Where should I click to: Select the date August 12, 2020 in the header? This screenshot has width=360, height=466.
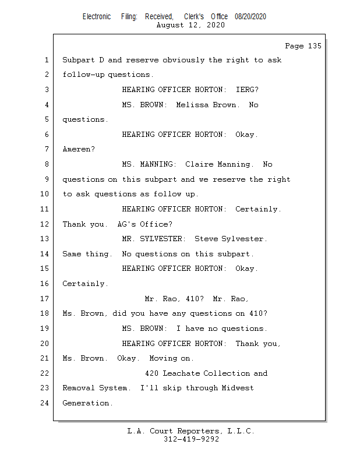190,25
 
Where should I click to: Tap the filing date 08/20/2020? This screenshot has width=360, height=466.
250,17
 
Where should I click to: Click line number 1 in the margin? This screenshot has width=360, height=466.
46,60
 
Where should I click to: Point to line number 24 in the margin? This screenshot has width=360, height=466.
44,403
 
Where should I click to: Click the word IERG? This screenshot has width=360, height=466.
247,90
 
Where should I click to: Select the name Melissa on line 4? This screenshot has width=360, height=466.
199,105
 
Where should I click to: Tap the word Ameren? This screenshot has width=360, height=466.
79,150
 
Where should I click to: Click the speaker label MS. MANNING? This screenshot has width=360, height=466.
149,164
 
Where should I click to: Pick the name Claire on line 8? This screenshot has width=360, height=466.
199,164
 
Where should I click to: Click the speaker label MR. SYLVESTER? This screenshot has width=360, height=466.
153,239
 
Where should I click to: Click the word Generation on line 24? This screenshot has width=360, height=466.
87,403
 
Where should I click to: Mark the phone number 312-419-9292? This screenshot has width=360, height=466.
190,440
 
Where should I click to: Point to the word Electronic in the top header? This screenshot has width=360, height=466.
97,17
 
